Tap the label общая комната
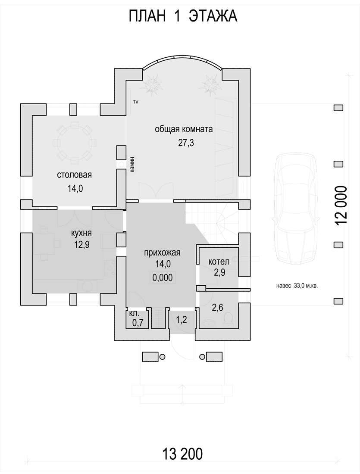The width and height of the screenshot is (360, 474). [184, 129]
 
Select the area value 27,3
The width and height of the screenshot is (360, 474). [186, 143]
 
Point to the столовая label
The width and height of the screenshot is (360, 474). [75, 175]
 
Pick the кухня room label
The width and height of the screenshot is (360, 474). [81, 233]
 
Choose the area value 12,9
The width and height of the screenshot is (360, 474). [81, 245]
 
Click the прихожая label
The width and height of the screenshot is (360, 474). [163, 253]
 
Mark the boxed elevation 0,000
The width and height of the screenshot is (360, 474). [163, 278]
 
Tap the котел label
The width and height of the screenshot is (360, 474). [219, 262]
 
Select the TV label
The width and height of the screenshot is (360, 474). [135, 102]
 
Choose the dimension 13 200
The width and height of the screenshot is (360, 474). [182, 454]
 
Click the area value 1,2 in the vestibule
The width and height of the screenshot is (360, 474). [181, 320]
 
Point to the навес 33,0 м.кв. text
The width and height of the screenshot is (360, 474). [297, 285]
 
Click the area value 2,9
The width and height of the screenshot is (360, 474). [219, 273]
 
